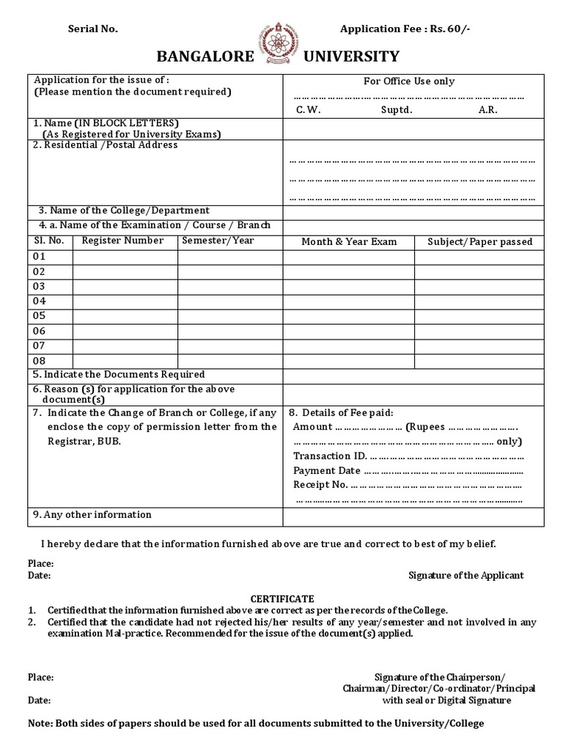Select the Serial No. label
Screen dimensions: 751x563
coord(92,29)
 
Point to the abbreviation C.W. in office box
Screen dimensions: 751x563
coord(309,110)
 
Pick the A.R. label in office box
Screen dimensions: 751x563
coord(488,110)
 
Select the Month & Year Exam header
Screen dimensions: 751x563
coord(349,242)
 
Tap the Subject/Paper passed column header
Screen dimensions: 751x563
coord(480,242)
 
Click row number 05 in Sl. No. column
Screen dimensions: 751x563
coord(39,316)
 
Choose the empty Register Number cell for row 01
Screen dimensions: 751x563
coord(125,257)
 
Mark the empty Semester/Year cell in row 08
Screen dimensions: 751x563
coord(230,361)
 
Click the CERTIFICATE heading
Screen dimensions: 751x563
coord(283,599)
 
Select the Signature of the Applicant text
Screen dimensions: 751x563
coord(466,576)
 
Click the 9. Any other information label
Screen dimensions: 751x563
coord(92,515)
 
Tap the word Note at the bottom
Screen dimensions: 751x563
coord(40,723)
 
